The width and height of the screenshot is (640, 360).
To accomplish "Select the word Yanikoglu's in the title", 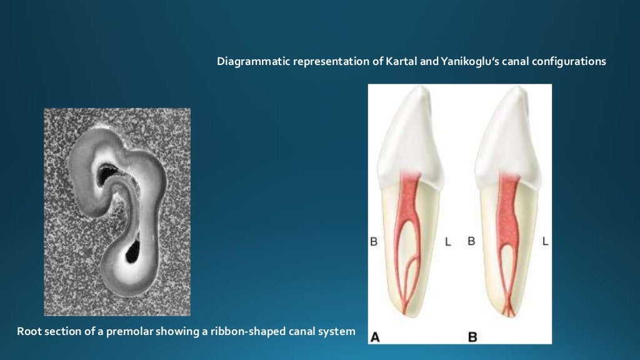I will (x=459, y=62).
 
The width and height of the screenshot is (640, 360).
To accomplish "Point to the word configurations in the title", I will (x=568, y=62).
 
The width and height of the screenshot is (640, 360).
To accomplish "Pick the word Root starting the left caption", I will (x=28, y=331).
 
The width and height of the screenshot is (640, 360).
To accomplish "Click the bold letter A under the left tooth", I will (x=376, y=336).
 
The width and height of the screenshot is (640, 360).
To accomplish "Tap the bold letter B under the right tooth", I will (x=472, y=336).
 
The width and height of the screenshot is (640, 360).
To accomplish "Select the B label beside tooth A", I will (x=374, y=241).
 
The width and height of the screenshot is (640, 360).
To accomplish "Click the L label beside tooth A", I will (x=447, y=241).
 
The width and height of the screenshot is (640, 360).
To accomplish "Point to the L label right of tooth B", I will (x=545, y=241).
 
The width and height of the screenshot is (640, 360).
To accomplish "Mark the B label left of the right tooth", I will (x=471, y=241).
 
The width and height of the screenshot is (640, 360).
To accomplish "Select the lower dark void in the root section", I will (x=133, y=251).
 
